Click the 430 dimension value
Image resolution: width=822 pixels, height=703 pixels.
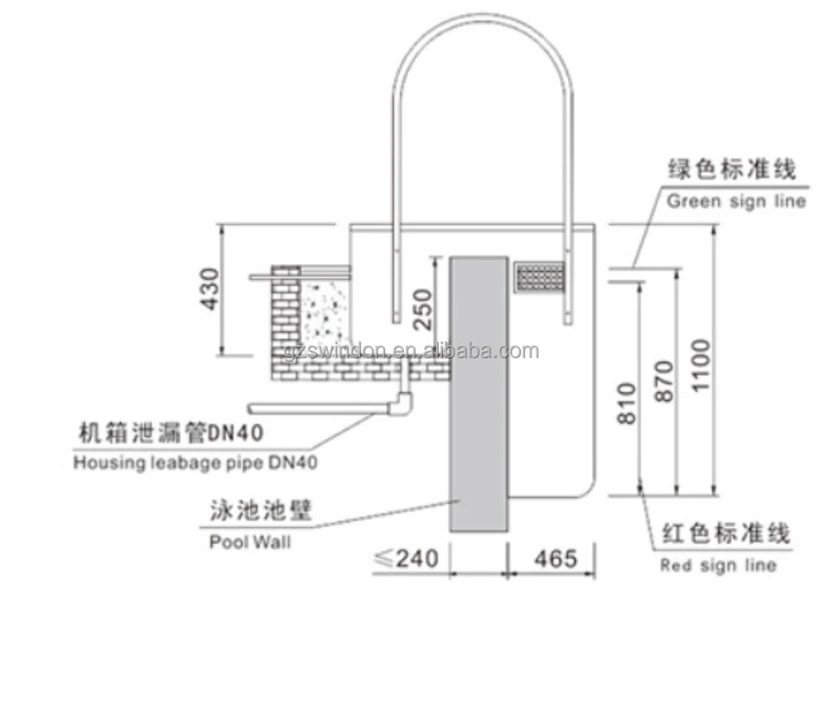[209, 290]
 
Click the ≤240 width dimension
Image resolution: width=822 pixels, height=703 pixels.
[405, 558]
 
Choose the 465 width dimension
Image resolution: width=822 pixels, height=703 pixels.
[555, 558]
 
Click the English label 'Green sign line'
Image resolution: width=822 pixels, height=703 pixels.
[735, 201]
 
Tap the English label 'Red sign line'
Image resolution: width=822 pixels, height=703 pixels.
[718, 565]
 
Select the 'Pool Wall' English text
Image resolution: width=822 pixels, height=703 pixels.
[250, 543]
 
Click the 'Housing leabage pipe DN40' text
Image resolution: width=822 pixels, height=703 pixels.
[195, 462]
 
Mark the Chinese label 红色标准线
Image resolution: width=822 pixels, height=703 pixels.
[725, 533]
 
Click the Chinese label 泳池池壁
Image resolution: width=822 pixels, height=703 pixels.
[260, 512]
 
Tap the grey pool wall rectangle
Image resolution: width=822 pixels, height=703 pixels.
[478, 394]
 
